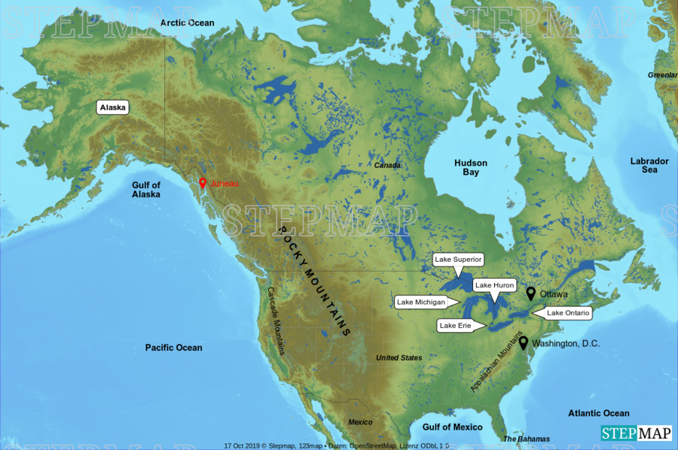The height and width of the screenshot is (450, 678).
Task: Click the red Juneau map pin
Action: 203,183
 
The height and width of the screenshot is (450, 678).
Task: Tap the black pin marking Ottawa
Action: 530,293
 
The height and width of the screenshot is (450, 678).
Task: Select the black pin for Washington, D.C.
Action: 523,342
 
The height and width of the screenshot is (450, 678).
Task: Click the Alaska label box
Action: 113,107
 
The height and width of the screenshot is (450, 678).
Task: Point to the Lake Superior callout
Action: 457,260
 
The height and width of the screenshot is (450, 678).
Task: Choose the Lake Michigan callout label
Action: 421,303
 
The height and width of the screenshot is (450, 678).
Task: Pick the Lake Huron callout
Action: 494,285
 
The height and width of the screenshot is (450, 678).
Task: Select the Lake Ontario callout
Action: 568,312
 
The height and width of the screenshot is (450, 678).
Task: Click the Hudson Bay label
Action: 471,167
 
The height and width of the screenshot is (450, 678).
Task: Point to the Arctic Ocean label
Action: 188,23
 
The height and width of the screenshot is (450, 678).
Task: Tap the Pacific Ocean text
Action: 174,347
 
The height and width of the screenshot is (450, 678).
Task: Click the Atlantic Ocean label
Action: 599,413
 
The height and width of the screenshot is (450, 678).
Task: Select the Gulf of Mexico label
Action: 452,427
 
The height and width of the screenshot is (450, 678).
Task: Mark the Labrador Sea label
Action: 649,165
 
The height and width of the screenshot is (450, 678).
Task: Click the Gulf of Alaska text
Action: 146,190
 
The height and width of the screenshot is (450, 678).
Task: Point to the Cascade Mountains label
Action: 276,321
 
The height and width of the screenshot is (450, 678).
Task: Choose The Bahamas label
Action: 527,439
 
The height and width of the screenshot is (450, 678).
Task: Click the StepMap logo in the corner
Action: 636,433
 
